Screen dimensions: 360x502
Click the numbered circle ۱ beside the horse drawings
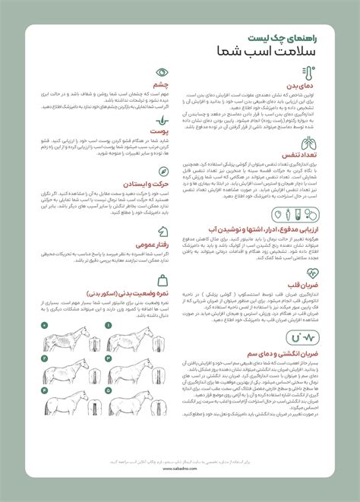(x=107, y=325)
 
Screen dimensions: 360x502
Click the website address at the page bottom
(x=180, y=468)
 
